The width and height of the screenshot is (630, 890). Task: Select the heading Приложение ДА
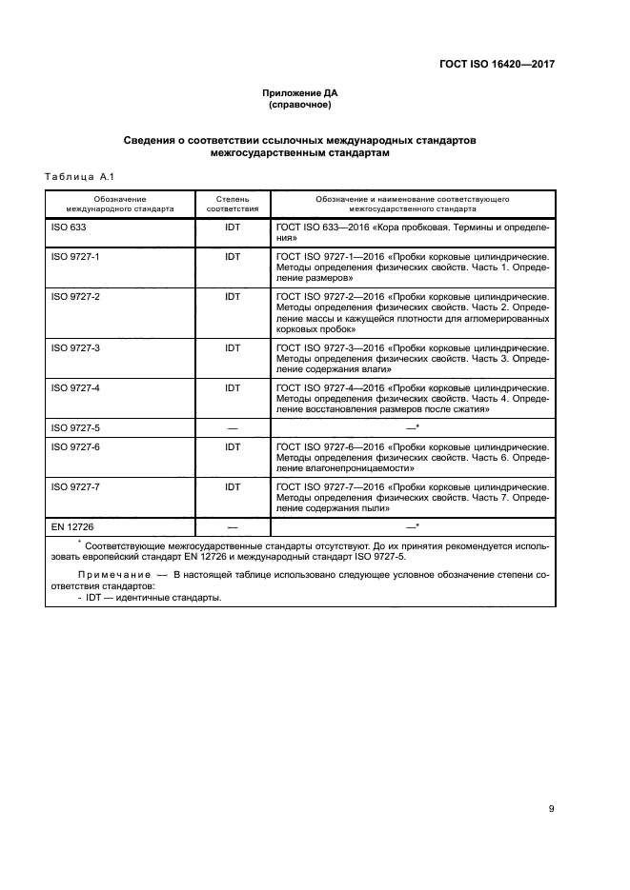[x=300, y=92]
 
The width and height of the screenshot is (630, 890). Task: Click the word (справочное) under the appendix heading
[x=300, y=105]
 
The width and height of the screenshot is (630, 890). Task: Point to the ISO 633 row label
[x=69, y=229]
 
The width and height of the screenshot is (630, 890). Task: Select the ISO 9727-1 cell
[x=75, y=257]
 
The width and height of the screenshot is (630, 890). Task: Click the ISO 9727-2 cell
[x=75, y=296]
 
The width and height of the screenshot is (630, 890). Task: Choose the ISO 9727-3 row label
[x=75, y=348]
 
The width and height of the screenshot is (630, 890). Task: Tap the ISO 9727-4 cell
[x=75, y=388]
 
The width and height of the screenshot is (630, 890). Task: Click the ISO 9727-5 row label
[x=75, y=427]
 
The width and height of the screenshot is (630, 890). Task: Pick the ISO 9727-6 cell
[x=75, y=446]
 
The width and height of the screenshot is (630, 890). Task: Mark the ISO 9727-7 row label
[x=75, y=486]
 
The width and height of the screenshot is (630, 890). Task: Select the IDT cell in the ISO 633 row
[x=232, y=229]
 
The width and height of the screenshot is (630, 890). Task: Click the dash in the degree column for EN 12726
[x=232, y=525]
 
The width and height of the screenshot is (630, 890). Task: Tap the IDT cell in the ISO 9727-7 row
[x=232, y=486]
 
